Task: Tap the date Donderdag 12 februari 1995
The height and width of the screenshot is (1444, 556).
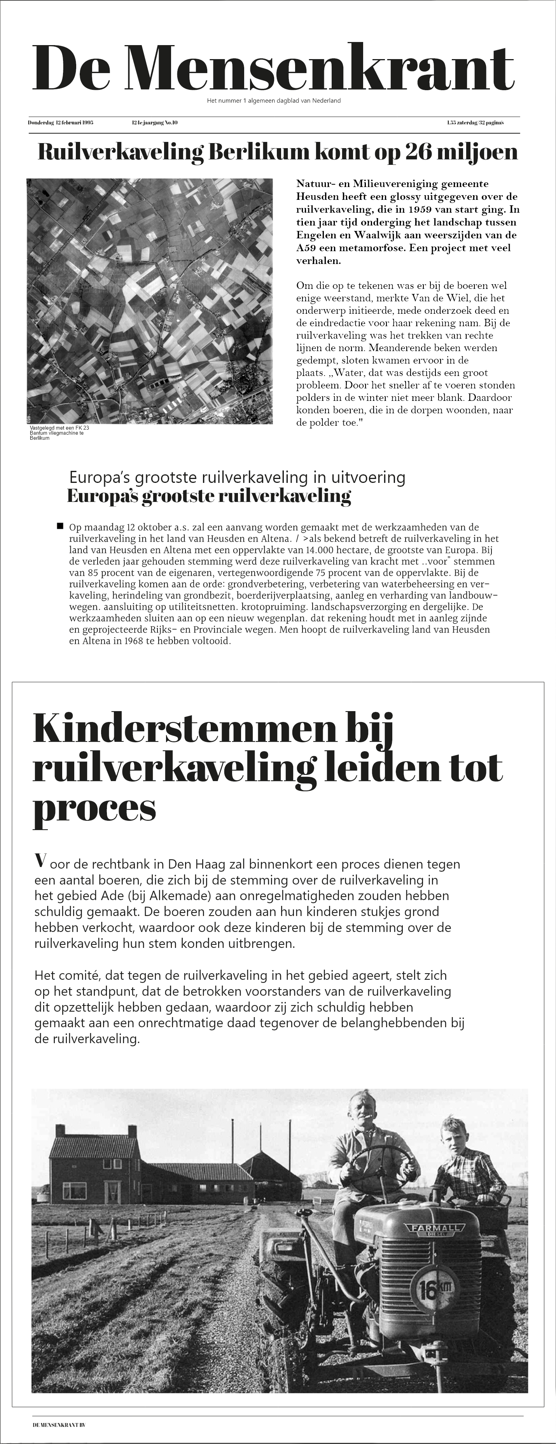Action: (x=61, y=122)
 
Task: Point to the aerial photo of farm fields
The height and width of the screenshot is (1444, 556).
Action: (x=150, y=301)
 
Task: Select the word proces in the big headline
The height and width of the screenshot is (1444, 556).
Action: (x=94, y=808)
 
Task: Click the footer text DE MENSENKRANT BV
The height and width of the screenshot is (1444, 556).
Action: (x=62, y=1425)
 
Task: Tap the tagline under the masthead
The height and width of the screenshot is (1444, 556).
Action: (x=273, y=101)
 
